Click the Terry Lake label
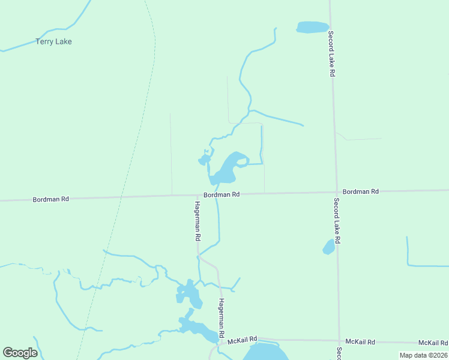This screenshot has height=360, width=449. [x=53, y=41]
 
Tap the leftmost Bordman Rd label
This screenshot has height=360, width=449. [x=51, y=199]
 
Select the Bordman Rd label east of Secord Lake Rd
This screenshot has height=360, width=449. [x=361, y=191]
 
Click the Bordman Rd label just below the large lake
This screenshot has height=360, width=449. [x=221, y=194]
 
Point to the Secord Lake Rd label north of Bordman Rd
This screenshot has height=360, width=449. [x=331, y=55]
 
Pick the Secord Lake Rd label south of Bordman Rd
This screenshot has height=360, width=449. [x=337, y=220]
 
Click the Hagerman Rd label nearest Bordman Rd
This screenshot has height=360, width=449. [x=197, y=220]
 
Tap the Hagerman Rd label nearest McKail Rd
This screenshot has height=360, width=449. [x=221, y=317]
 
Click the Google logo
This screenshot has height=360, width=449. [x=20, y=353]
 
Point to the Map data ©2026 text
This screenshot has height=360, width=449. [x=423, y=355]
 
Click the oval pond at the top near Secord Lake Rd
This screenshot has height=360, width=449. [x=313, y=27]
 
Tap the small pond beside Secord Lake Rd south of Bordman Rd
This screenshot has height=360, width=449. [x=328, y=247]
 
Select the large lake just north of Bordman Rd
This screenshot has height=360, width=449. [x=226, y=169]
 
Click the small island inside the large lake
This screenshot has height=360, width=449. [x=241, y=161]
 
